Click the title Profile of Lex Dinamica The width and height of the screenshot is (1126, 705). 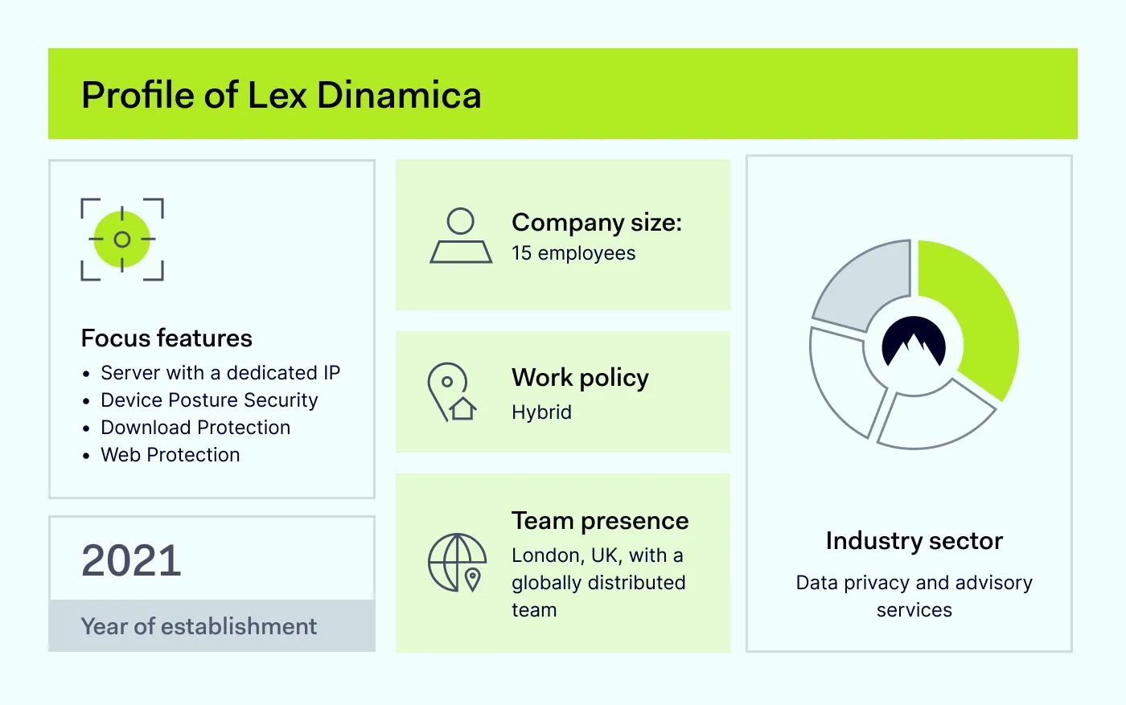click(x=281, y=95)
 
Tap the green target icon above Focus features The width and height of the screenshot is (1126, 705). click(x=122, y=240)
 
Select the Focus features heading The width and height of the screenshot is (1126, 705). click(x=166, y=338)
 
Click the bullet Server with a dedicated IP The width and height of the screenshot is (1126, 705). click(x=220, y=373)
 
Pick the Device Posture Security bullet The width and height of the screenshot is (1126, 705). click(x=209, y=400)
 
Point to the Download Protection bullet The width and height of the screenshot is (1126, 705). click(x=195, y=428)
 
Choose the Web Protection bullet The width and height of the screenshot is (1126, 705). click(x=171, y=455)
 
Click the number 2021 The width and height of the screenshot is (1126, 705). click(x=131, y=560)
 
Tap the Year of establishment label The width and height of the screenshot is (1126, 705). click(x=199, y=626)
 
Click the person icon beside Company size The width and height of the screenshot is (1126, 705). click(x=461, y=236)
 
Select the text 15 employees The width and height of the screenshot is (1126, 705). click(x=573, y=253)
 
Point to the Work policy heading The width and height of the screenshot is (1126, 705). click(x=580, y=378)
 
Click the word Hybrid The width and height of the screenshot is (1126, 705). click(x=541, y=412)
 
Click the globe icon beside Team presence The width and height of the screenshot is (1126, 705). click(x=457, y=563)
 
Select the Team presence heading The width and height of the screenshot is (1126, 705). click(x=600, y=521)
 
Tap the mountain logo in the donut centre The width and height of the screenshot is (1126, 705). click(x=914, y=346)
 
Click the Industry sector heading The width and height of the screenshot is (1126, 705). click(x=914, y=541)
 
